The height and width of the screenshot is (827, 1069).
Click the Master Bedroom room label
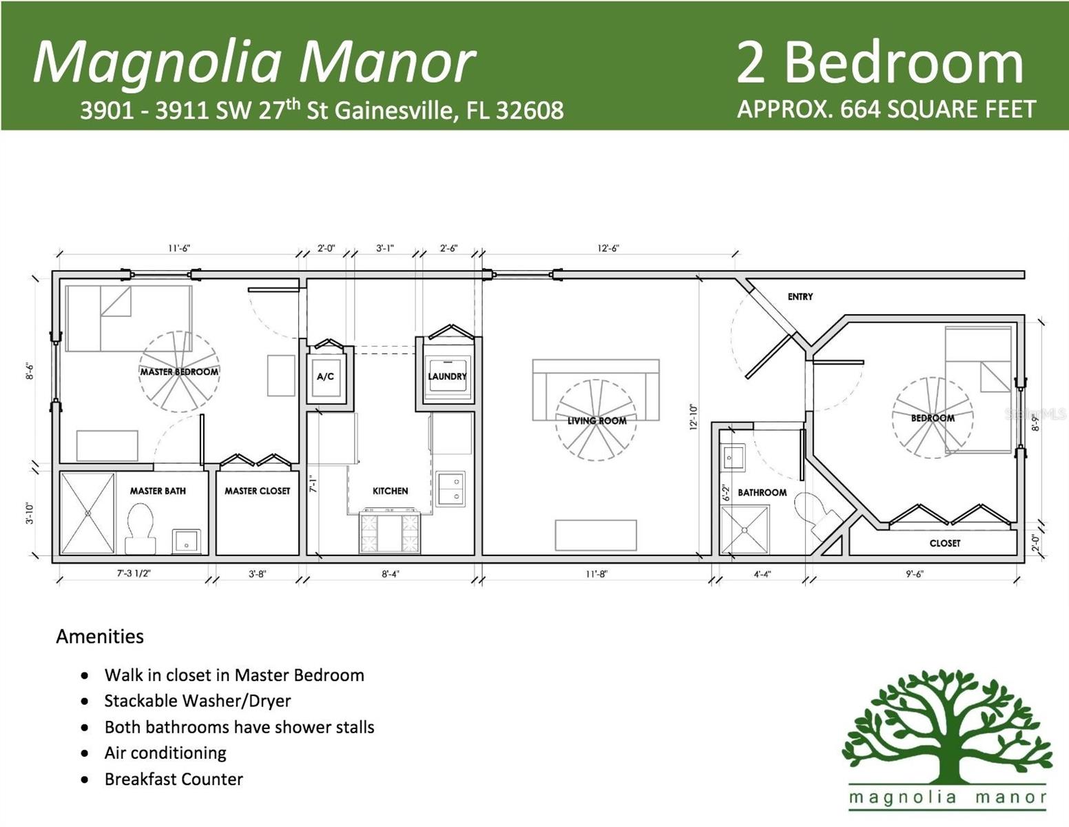[179, 372]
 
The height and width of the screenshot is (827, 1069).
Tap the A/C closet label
[325, 377]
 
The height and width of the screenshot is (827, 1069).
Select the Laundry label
[447, 376]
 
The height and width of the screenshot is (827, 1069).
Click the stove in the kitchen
[390, 532]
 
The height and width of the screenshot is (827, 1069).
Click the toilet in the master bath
[141, 528]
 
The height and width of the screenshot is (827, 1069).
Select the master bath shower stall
[87, 513]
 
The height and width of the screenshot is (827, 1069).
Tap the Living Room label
[596, 420]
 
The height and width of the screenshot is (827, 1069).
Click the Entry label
[800, 296]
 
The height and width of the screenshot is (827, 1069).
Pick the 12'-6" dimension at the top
[608, 248]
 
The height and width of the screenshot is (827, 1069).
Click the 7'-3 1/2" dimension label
[134, 573]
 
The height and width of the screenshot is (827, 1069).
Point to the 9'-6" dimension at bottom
[914, 573]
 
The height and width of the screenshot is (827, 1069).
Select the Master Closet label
[257, 491]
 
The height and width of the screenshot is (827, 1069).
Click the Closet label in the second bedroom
[944, 543]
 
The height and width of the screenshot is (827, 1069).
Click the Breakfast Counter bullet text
[174, 779]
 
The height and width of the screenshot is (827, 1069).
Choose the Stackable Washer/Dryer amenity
[198, 701]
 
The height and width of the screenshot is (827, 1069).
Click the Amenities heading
[100, 636]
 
